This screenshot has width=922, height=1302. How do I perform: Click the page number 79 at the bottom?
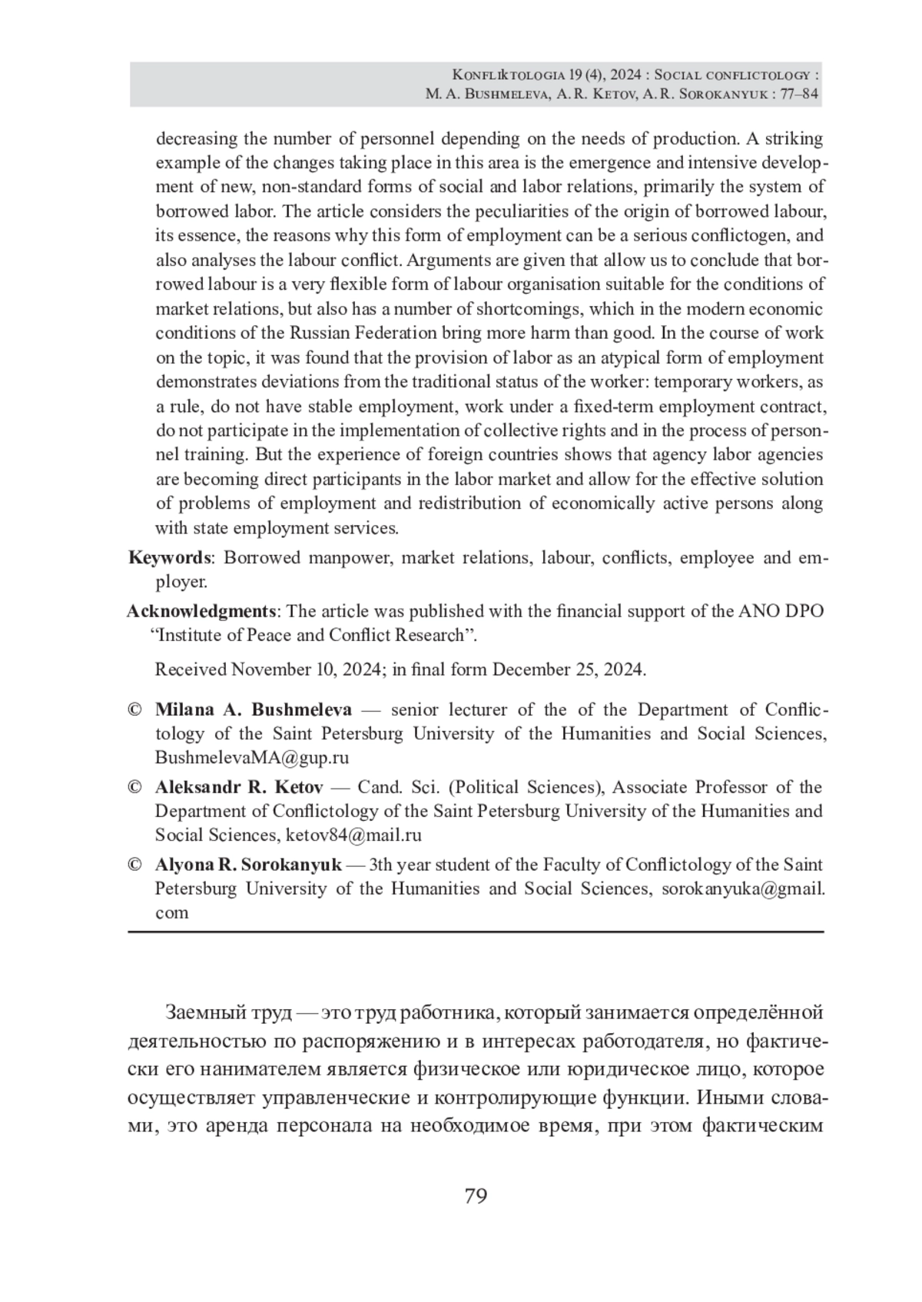[x=476, y=1196]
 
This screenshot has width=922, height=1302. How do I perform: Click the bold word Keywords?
[x=169, y=557]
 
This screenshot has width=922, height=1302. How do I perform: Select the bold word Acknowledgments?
[x=201, y=611]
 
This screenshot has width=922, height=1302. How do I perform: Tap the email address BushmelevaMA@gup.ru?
[x=252, y=758]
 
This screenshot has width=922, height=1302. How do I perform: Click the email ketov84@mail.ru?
[x=353, y=835]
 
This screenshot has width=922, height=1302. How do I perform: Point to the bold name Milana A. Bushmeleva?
[x=254, y=709]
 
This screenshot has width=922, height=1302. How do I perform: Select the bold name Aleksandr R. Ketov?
[x=239, y=787]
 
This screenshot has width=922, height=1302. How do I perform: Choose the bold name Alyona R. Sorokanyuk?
[x=248, y=865]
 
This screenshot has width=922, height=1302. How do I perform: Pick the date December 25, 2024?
[x=568, y=669]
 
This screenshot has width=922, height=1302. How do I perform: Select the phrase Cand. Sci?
[x=398, y=787]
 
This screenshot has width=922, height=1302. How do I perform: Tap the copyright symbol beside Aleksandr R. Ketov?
[x=135, y=787]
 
